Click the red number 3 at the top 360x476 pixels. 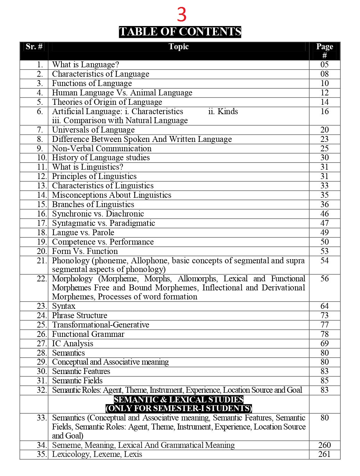pyautogui.click(x=182, y=15)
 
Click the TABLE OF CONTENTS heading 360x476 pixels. pyautogui.click(x=180, y=32)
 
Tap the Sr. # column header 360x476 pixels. pyautogui.click(x=34, y=47)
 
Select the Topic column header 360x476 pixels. pyautogui.click(x=178, y=47)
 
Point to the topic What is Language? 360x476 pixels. pyautogui.click(x=85, y=65)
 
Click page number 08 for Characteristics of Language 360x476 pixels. pyautogui.click(x=325, y=74)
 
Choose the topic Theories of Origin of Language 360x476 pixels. pyautogui.click(x=107, y=102)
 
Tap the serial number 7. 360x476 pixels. pyautogui.click(x=40, y=130)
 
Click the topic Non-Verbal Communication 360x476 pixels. pyautogui.click(x=102, y=148)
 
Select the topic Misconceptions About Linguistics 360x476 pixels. pyautogui.click(x=111, y=195)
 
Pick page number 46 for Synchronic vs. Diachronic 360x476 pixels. pyautogui.click(x=325, y=214)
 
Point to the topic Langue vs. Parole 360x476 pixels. pyautogui.click(x=83, y=232)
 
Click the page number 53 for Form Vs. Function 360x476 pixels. pyautogui.click(x=325, y=251)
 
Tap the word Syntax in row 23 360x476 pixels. pyautogui.click(x=64, y=306)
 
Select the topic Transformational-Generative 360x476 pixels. pyautogui.click(x=101, y=325)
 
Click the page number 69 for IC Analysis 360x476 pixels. pyautogui.click(x=325, y=343)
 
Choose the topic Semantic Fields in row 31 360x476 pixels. pyautogui.click(x=77, y=381)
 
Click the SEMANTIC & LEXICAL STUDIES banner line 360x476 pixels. pyautogui.click(x=178, y=400)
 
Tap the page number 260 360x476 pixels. pyautogui.click(x=325, y=445)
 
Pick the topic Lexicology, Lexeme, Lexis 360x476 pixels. pyautogui.click(x=97, y=454)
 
